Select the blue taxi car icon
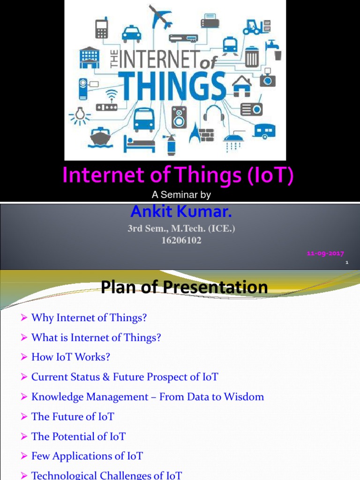point(131,34)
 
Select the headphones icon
point(213,113)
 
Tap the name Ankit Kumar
point(181,212)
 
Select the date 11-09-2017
point(325,254)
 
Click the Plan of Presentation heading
point(184,287)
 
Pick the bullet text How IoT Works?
point(70,357)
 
